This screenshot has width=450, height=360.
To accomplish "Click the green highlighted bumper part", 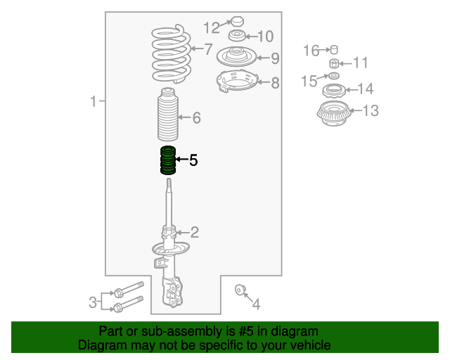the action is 168,160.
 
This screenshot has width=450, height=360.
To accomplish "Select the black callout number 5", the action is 193,160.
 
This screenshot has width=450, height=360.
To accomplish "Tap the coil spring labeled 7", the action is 171,54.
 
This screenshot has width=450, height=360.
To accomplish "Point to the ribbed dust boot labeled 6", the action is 168,115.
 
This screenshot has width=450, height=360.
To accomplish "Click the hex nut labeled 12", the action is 238,21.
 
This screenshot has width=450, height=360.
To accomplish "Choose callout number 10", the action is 266,37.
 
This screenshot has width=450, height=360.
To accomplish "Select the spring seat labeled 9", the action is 236,56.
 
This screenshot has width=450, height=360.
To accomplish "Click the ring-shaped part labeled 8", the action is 237,81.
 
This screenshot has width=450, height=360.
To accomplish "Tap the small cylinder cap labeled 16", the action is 334,50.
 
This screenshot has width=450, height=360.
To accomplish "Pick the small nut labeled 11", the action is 334,63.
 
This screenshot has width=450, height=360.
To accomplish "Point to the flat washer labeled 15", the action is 333,76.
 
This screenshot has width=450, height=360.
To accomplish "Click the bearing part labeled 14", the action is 334,91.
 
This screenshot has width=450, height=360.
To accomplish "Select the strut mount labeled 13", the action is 334,113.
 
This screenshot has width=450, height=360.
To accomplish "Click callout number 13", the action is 371,110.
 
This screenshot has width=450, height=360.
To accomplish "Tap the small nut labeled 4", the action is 239,290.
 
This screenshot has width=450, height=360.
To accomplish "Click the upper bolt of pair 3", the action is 129,290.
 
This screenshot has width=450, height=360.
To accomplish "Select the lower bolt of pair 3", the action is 128,304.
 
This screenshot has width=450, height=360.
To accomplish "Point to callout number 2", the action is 195,232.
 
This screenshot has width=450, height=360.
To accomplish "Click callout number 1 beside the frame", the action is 94,101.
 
